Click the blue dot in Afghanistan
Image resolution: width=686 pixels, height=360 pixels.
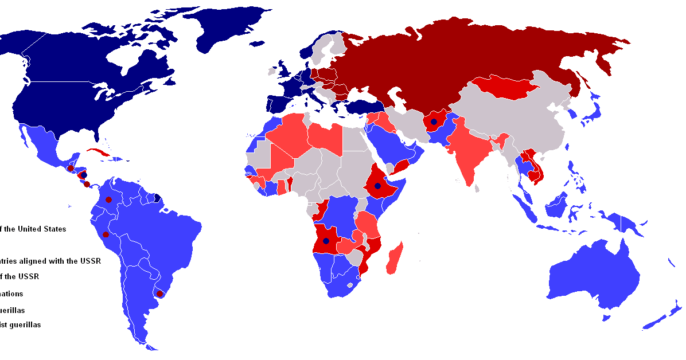click(x=434, y=122)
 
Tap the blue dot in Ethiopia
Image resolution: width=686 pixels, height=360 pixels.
click(x=377, y=186)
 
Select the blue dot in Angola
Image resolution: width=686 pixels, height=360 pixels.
click(x=326, y=241)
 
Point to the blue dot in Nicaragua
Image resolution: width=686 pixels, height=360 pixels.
click(x=84, y=175)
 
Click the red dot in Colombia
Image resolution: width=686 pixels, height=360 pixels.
click(x=108, y=200)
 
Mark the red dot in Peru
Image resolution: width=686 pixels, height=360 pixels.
click(x=106, y=234)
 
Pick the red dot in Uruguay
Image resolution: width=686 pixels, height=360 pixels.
click(x=160, y=294)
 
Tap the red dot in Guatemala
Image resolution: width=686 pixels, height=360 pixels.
click(x=70, y=168)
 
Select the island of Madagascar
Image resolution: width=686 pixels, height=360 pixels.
click(x=395, y=259)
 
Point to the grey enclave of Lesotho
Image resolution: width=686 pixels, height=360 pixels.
click(x=350, y=285)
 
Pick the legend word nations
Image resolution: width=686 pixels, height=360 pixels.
click(x=11, y=294)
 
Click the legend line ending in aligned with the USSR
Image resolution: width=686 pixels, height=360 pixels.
click(x=50, y=261)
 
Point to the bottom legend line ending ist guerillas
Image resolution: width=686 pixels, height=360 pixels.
click(x=20, y=325)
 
